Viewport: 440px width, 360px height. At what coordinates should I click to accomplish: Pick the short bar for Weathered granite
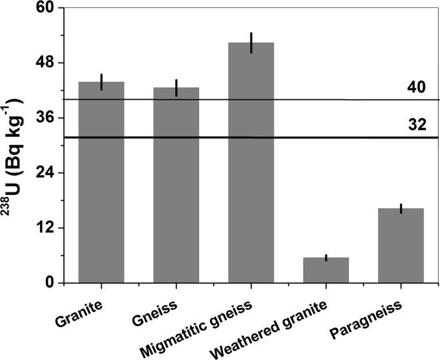pyautogui.click(x=326, y=270)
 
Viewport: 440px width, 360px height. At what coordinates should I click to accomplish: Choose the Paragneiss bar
pyautogui.click(x=401, y=246)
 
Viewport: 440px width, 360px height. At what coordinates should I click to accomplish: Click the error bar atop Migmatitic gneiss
pyautogui.click(x=251, y=43)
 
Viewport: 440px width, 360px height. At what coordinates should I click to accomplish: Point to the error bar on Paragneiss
pyautogui.click(x=401, y=208)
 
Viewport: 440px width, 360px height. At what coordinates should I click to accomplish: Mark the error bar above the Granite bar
pyautogui.click(x=101, y=82)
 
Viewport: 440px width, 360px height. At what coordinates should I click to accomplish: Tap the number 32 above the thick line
pyautogui.click(x=417, y=125)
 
